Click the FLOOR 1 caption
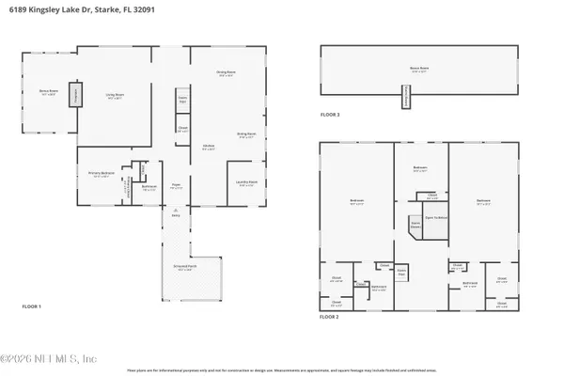click(32, 306)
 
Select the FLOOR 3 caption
click(329, 115)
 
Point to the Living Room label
click(114, 94)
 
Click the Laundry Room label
click(247, 185)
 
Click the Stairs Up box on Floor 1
click(183, 100)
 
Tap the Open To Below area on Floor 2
click(434, 218)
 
